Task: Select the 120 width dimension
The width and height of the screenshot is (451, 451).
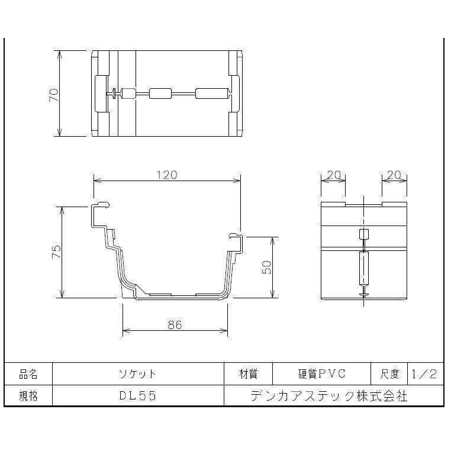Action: pos(166,175)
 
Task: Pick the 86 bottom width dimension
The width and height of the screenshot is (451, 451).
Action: pos(175,325)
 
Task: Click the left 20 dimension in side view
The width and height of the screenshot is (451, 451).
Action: pos(333,175)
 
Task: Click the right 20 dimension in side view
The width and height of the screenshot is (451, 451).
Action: pos(394,175)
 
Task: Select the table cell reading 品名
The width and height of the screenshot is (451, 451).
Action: pos(28,374)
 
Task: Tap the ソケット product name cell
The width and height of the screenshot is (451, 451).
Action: pos(138,374)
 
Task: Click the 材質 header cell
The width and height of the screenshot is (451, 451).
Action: pos(248,374)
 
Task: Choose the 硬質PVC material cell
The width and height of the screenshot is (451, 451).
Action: pos(321,374)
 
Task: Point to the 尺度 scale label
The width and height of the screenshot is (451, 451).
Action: pos(389,374)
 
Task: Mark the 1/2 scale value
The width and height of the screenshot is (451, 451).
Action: pos(425,374)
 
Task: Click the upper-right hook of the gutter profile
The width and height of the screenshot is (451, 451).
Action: pos(235,237)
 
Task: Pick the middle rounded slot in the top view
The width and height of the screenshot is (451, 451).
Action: pos(160,93)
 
